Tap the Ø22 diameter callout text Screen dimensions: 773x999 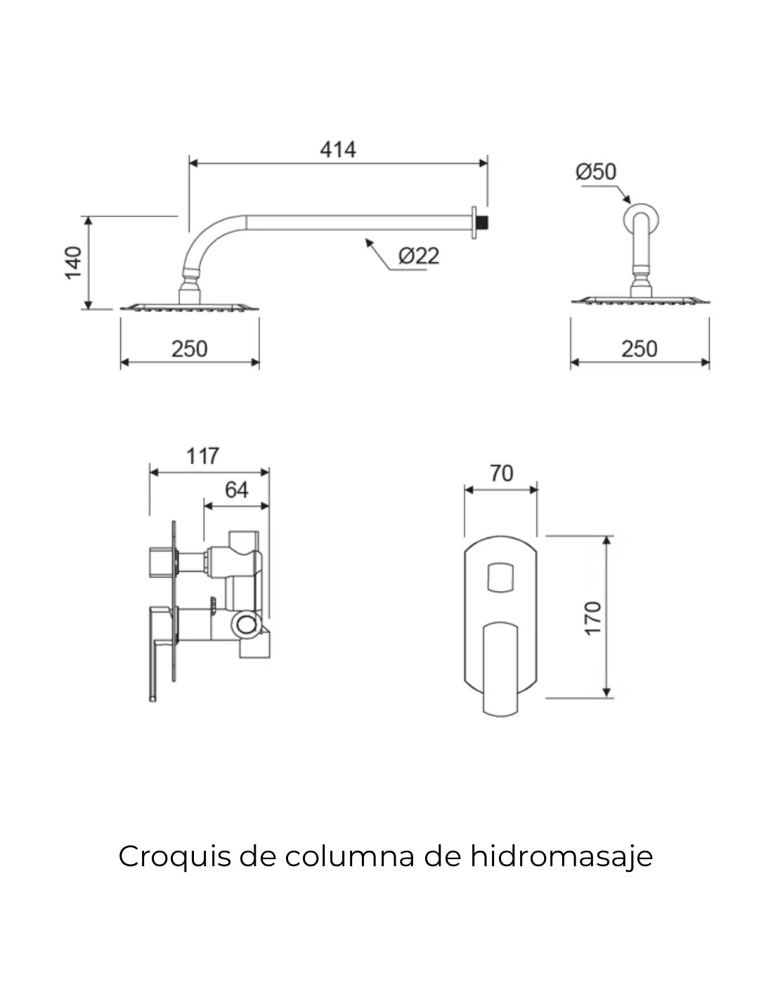point(418,256)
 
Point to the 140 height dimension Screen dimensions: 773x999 point(73,263)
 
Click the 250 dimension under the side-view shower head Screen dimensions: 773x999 point(190,348)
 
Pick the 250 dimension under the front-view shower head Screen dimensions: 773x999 point(639,348)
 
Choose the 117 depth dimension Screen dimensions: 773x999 point(202,456)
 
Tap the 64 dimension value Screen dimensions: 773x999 point(236,490)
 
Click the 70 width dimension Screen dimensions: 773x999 point(501,473)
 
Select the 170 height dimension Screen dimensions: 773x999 point(592,619)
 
